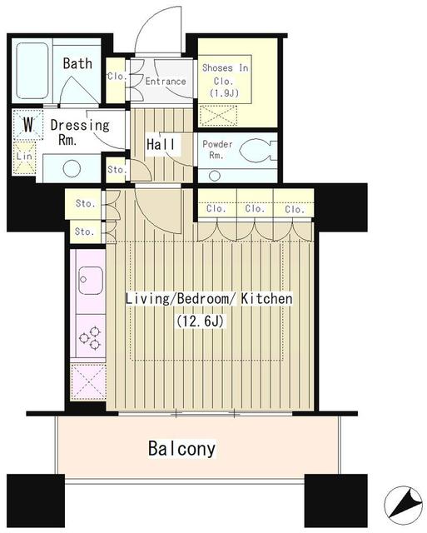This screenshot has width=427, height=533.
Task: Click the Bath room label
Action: click(77, 63)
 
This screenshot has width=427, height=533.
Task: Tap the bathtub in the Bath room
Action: click(32, 70)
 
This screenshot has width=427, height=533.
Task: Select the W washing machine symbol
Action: click(28, 125)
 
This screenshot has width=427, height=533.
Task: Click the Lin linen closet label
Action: click(24, 157)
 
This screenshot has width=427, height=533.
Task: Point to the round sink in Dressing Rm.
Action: click(72, 168)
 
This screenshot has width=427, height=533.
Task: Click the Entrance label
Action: click(166, 82)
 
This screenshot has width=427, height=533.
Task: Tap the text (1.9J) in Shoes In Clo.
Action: click(224, 92)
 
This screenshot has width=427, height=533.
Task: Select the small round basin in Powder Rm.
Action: click(215, 176)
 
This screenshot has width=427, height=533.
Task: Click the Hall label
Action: click(161, 144)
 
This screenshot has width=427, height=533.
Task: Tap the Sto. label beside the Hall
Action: click(117, 169)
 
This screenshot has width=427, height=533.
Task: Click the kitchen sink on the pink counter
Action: click(91, 281)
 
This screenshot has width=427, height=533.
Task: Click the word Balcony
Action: click(181, 449)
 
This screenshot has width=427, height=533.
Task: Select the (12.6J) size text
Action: click(200, 321)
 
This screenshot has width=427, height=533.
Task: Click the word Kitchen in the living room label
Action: click(266, 299)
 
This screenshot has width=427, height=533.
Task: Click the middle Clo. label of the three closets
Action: click(255, 208)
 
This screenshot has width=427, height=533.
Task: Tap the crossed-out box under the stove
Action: click(88, 381)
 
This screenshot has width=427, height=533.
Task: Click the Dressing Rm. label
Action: click(80, 132)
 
